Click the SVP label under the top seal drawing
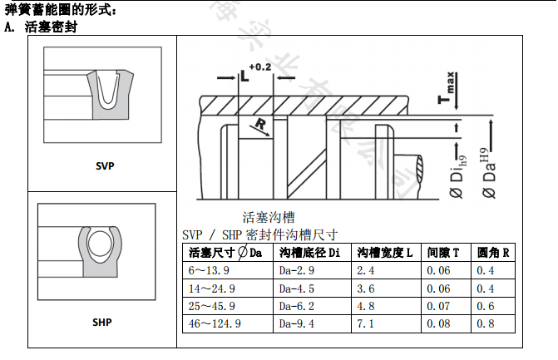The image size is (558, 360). point(105,165)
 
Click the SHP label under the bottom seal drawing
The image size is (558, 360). point(102,322)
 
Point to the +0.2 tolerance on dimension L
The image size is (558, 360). point(260,67)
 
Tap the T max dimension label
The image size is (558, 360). point(447,91)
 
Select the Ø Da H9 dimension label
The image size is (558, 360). point(490,174)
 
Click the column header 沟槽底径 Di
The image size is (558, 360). point(310,253)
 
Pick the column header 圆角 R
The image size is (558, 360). point(493,253)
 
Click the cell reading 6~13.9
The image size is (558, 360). point(208,271)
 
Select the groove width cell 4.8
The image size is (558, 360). point(366,306)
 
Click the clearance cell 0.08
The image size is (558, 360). point(438,324)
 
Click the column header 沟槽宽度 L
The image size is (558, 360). point(385,253)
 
